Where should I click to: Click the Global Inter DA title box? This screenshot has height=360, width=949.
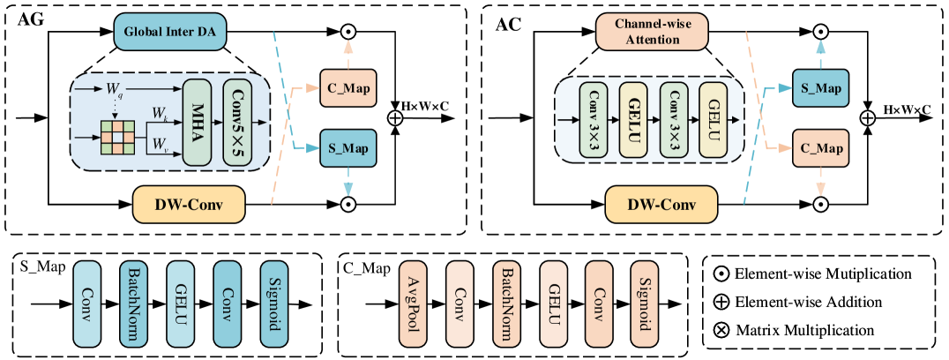170,33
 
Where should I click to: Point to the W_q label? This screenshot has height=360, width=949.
115,89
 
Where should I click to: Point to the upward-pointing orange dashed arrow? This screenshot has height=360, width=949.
348,51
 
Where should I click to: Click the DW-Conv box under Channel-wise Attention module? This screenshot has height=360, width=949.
661,206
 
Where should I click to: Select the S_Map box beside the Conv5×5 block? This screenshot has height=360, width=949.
348,148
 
